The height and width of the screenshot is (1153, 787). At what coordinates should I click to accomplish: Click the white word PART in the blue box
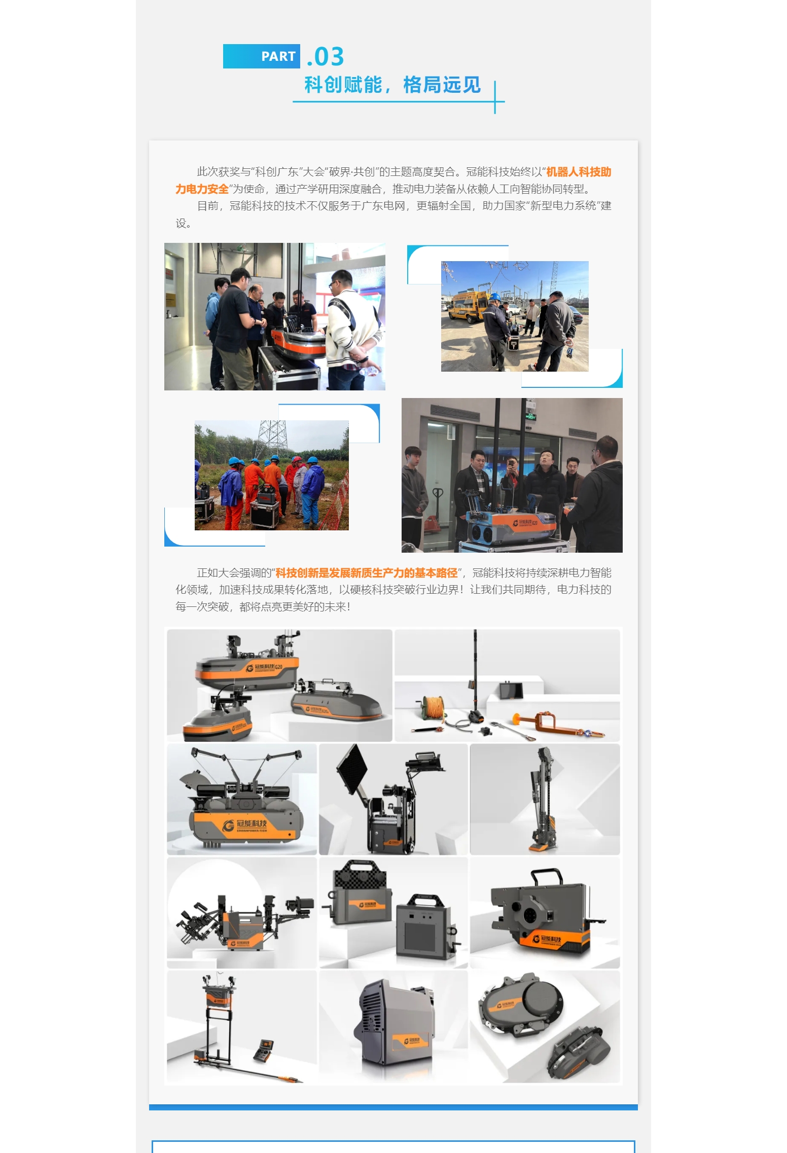(278, 56)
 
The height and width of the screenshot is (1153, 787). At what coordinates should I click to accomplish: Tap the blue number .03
(326, 56)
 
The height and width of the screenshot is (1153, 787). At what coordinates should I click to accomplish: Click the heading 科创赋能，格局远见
(392, 85)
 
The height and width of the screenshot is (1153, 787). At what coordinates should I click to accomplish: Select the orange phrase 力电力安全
(202, 189)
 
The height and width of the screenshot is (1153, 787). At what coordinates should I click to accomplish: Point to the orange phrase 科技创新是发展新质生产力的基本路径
(366, 573)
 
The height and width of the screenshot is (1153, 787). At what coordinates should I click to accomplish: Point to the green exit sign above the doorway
(530, 417)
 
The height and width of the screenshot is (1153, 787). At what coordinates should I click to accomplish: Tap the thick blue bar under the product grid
(393, 1107)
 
